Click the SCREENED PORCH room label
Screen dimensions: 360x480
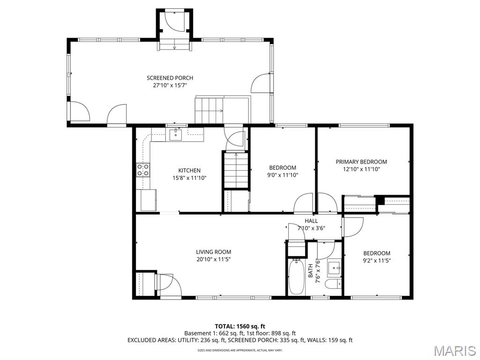click(x=170, y=78)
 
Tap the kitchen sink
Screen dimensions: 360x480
click(x=176, y=135)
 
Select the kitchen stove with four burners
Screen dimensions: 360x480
click(x=143, y=170)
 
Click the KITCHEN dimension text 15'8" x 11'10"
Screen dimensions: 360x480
click(x=189, y=178)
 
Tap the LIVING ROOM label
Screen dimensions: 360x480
click(x=213, y=252)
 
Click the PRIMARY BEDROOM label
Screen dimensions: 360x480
click(x=361, y=162)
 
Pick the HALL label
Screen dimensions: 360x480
click(x=311, y=221)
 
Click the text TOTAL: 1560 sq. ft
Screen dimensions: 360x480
click(x=240, y=326)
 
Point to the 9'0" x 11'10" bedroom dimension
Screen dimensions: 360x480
click(x=283, y=175)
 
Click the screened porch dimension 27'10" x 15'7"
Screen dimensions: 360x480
click(x=170, y=85)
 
